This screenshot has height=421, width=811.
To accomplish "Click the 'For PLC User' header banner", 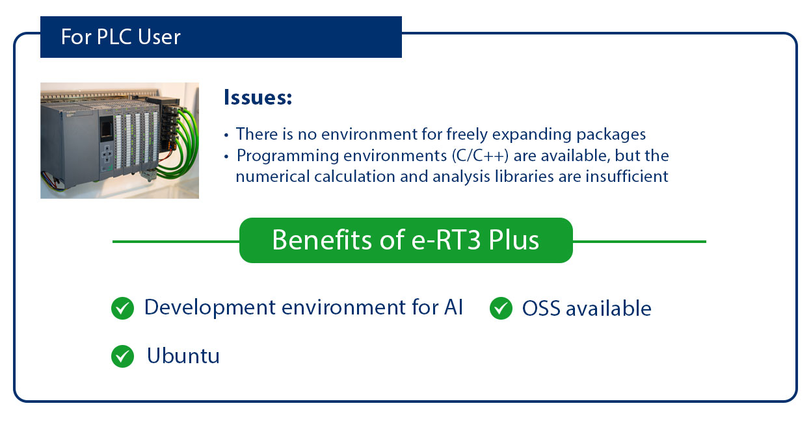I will click(220, 37).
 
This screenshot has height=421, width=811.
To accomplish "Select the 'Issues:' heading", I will click(258, 97).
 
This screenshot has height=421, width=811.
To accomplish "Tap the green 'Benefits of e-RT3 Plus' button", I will click(406, 240).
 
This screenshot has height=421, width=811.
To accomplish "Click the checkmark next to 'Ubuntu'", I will click(122, 356).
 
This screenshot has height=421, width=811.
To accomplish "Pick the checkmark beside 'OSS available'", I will click(500, 309).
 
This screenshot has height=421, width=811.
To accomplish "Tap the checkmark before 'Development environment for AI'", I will click(122, 309).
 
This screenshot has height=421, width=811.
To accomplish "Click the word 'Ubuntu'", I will click(183, 356).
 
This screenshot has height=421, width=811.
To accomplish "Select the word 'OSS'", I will click(540, 309).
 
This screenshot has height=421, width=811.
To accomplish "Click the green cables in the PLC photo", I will click(186, 140).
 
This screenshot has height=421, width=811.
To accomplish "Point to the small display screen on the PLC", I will click(106, 128).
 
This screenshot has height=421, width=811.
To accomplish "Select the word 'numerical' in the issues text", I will click(267, 176).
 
